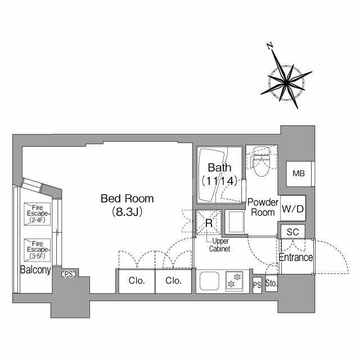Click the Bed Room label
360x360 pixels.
[127, 199]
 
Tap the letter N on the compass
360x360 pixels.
[270, 46]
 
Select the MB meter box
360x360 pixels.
[299, 174]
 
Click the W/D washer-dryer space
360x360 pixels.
[293, 209]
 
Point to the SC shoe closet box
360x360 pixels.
[292, 232]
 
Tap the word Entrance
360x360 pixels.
[296, 258]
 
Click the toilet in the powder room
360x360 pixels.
[262, 161]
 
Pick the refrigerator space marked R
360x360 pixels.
[209, 223]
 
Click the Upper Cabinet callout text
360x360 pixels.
[219, 245]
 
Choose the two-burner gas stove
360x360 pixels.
[234, 281]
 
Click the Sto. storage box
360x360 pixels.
[271, 283]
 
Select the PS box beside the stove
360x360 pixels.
[257, 285]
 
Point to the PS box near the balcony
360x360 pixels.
[69, 274]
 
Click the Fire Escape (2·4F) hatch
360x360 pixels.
[37, 214]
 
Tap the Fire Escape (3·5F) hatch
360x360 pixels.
[37, 250]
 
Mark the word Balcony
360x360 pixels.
[35, 269]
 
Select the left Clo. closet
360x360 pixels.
[137, 281]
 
